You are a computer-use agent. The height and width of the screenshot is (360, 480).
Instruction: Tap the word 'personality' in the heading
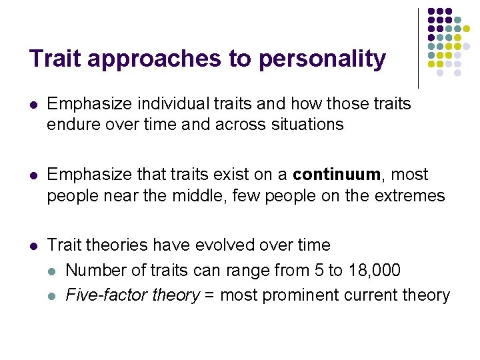coord(322,59)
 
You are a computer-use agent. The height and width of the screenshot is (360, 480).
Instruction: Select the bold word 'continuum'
coord(336,175)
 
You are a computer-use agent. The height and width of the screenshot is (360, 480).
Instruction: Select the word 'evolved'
coord(222,245)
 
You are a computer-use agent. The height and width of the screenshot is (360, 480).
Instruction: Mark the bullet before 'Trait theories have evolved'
coord(33,245)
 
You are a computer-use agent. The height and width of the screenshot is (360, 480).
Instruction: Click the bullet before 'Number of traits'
coord(53,270)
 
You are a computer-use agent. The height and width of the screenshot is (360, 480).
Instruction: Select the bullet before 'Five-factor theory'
coord(53,295)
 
